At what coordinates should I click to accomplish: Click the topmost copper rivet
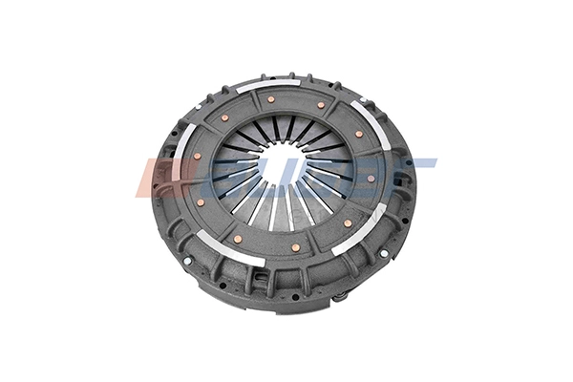pos(272,98)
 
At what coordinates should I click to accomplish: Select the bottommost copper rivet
pos(296,247)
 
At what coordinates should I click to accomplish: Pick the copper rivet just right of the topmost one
pos(321,104)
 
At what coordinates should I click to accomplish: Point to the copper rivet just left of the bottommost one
pos(237,239)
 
